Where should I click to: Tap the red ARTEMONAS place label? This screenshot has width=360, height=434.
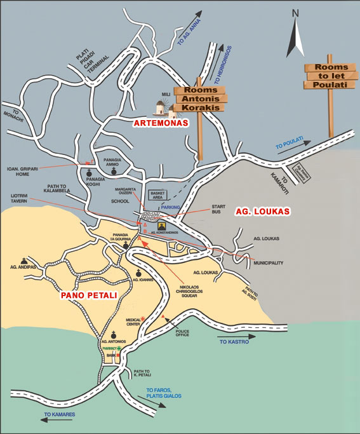point(161,123)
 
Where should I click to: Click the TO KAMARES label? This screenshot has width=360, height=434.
point(60,414)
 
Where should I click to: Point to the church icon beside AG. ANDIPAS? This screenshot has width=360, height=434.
point(24,260)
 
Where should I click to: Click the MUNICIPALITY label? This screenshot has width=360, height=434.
point(269,262)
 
